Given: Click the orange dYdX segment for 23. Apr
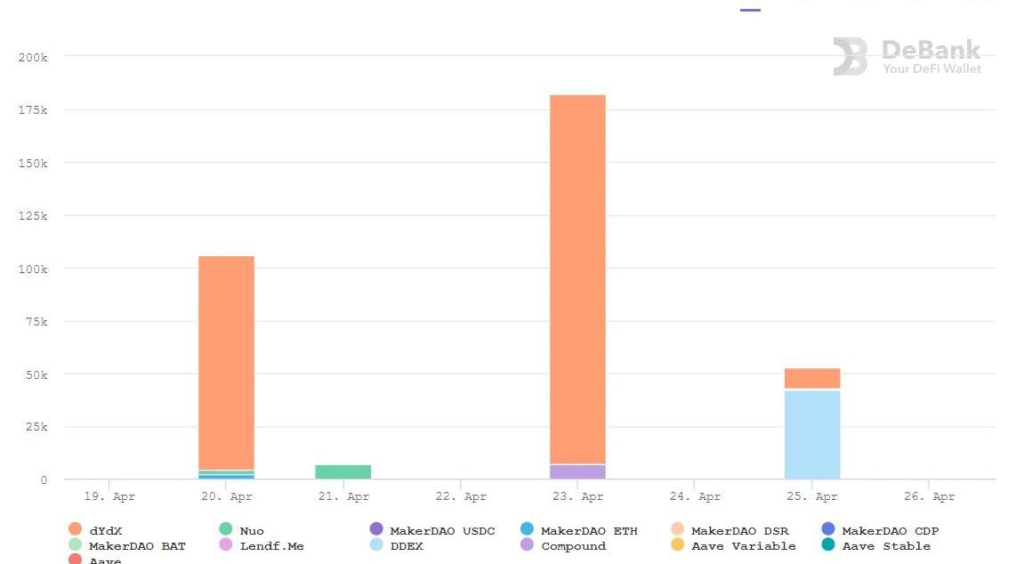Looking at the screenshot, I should point(577,276).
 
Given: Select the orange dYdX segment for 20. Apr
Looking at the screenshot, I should point(226,360).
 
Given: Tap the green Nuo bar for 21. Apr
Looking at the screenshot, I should point(343,471).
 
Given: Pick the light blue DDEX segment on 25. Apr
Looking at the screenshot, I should point(812,434).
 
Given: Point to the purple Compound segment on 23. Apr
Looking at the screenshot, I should point(577,471).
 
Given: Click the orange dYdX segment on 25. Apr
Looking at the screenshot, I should point(812,378).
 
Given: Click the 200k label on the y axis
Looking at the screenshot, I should point(33,57).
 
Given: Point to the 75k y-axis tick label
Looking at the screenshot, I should point(36,322).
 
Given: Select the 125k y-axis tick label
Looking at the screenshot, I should point(33,216).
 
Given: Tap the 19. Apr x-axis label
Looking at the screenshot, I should point(109,496).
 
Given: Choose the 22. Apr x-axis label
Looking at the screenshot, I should point(461,496).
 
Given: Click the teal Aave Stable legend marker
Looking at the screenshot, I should point(828,545).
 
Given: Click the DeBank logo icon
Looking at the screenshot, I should point(850,56).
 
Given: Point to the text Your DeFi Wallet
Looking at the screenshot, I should point(931,68).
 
